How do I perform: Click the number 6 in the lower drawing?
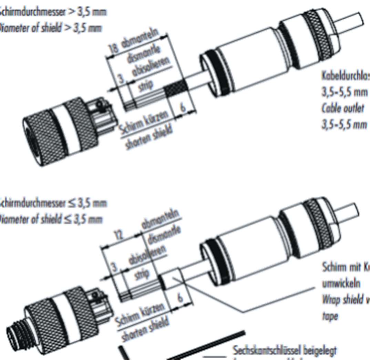point(179,299)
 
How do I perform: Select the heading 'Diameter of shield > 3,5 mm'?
point(52,28)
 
